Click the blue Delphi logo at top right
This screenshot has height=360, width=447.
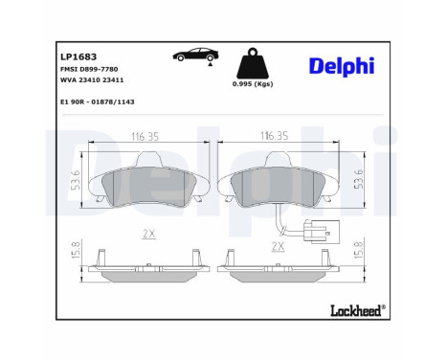click(x=342, y=65)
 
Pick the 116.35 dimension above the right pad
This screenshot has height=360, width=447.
click(x=276, y=137)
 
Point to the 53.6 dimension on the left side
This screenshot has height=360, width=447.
click(x=77, y=178)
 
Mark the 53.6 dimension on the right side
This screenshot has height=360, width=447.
click(x=358, y=178)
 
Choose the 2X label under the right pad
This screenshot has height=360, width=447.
click(x=279, y=246)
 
